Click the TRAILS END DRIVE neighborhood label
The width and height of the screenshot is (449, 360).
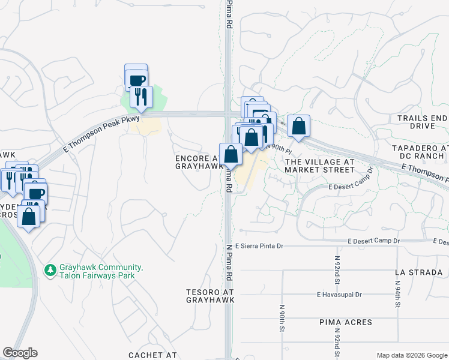(422, 122)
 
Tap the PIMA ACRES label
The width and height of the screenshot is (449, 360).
(345, 322)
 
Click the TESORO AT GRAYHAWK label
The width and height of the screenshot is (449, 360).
(209, 295)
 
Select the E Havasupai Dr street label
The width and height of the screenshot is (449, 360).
(340, 295)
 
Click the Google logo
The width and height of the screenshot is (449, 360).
(20, 353)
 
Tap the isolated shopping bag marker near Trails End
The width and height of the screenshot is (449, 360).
(298, 127)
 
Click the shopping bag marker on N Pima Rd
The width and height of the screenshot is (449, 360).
(231, 155)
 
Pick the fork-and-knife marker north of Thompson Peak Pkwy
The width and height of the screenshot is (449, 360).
(141, 97)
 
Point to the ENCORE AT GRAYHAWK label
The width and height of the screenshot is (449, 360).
(198, 162)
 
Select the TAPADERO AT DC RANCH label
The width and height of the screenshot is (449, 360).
(420, 152)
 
